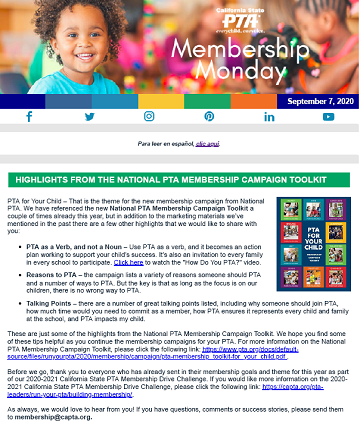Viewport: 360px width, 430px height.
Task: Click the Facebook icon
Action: (x=30, y=117)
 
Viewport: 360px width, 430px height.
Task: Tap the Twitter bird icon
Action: (x=89, y=117)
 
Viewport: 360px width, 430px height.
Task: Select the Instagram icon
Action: (x=149, y=117)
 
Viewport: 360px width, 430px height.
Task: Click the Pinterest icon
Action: (x=209, y=117)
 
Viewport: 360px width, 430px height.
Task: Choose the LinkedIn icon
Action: (x=269, y=117)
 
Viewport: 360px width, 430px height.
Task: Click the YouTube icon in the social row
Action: (x=328, y=117)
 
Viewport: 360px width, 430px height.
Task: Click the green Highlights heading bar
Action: (x=180, y=179)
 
